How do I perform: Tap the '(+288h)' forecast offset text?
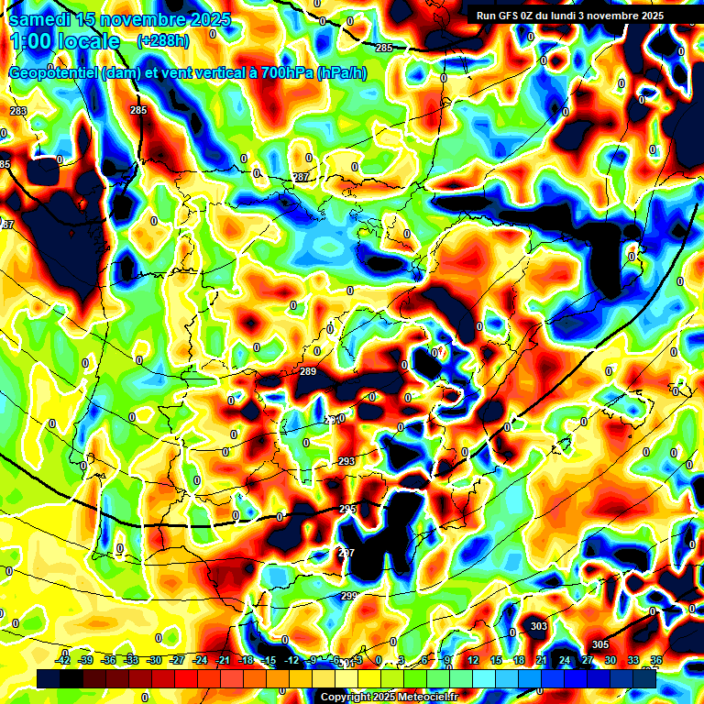[163, 41]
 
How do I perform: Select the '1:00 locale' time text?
[64, 41]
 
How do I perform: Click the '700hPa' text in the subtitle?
[285, 73]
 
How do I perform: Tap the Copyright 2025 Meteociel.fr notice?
[389, 697]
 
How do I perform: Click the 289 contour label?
[308, 371]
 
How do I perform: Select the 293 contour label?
[346, 461]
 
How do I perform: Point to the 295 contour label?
[347, 509]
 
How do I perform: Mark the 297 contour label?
[346, 553]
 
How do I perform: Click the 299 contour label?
[348, 596]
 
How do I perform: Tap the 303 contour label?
[539, 627]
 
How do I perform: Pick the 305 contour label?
[599, 645]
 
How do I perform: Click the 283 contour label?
[18, 111]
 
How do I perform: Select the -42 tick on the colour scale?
[64, 660]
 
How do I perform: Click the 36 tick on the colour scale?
[656, 660]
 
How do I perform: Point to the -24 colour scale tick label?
[201, 660]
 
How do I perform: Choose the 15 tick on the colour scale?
[496, 660]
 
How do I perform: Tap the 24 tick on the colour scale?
[565, 660]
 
